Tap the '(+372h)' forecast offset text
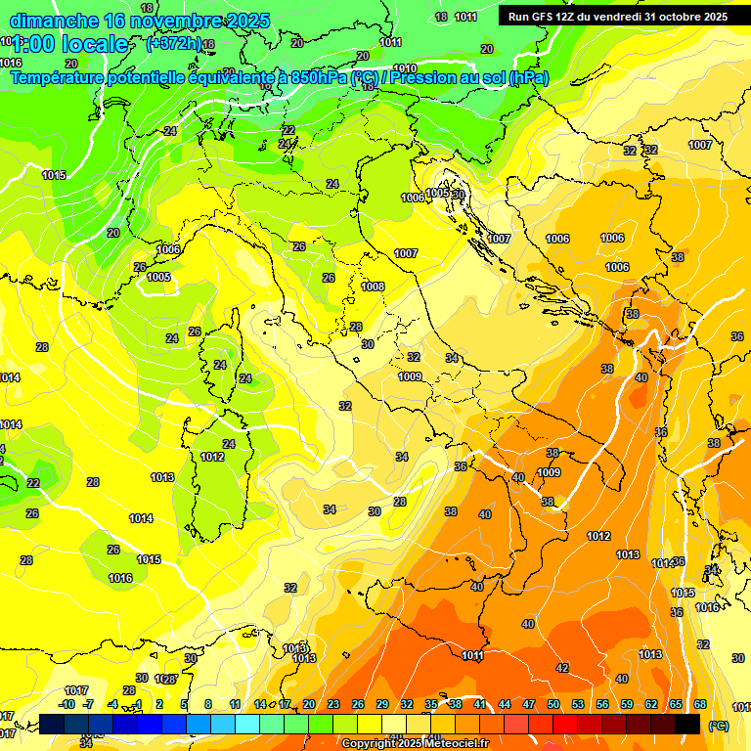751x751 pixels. click(x=173, y=43)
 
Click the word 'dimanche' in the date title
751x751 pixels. click(x=48, y=21)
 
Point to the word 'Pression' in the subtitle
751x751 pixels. click(x=422, y=77)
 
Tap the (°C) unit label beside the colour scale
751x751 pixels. click(x=719, y=726)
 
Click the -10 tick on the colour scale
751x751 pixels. click(x=66, y=704)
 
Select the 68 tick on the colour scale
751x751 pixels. click(x=700, y=704)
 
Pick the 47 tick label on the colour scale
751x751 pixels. click(x=529, y=704)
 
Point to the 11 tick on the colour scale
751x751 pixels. click(x=235, y=704)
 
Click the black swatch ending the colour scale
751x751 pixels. click(x=687, y=725)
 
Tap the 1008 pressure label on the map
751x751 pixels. click(x=373, y=287)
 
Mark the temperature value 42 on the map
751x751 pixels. click(x=562, y=668)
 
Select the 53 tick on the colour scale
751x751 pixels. click(x=578, y=704)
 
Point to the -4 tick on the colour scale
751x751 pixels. click(x=112, y=704)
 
